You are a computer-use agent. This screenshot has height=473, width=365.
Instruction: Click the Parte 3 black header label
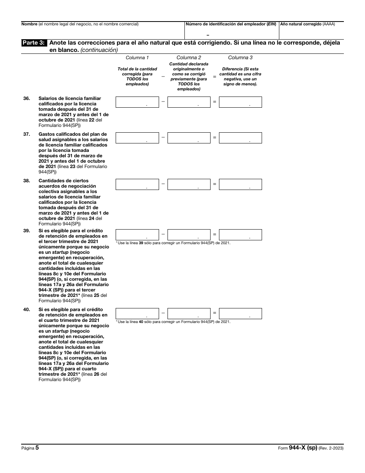(35, 43)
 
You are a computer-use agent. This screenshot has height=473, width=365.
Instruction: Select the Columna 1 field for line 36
(137, 102)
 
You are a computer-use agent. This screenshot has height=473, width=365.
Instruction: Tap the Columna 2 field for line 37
(189, 138)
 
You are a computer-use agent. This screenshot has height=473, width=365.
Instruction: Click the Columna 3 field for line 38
(241, 184)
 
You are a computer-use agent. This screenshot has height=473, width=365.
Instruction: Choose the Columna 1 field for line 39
(137, 235)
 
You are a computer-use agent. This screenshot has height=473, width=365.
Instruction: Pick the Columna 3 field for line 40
(241, 313)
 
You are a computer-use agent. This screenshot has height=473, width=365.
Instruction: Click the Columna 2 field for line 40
(189, 313)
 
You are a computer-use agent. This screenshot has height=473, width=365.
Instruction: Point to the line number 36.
(27, 98)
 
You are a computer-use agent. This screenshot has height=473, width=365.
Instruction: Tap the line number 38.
(27, 181)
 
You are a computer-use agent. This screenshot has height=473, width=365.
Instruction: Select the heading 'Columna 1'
(137, 58)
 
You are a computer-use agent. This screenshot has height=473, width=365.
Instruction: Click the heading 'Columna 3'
(241, 58)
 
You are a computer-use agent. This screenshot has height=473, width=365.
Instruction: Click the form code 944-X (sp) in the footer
(303, 448)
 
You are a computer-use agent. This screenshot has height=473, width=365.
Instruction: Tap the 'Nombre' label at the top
(29, 24)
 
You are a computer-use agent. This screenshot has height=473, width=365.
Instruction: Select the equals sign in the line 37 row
(215, 138)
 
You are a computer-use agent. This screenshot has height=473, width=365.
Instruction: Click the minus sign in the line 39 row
(163, 234)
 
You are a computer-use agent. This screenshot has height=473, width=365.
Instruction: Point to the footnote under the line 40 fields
(173, 321)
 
